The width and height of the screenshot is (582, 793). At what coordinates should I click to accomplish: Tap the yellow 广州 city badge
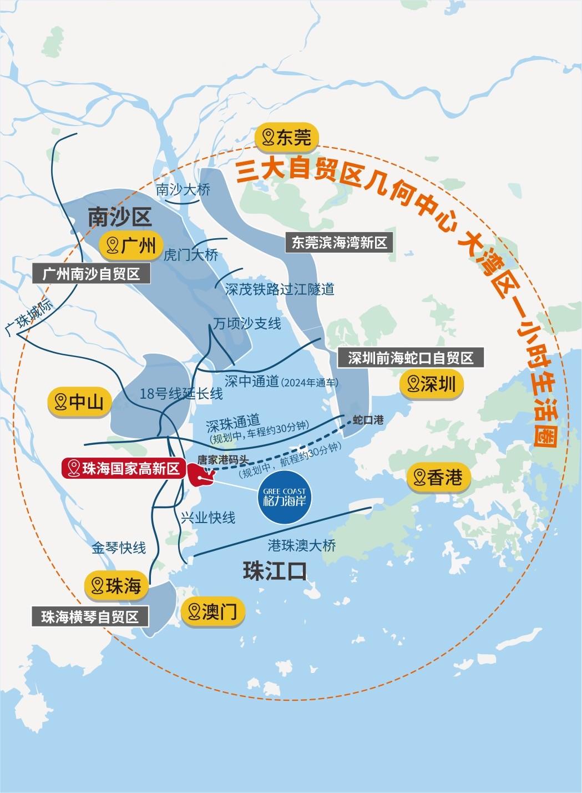pyautogui.click(x=131, y=245)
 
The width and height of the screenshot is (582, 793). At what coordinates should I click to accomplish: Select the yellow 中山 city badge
pyautogui.click(x=79, y=401)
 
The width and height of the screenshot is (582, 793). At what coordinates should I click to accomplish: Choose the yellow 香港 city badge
pyautogui.click(x=438, y=477)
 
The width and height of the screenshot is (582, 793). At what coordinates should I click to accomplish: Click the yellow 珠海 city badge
pyautogui.click(x=117, y=585)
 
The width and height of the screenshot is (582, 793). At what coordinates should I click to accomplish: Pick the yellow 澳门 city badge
pyautogui.click(x=212, y=612)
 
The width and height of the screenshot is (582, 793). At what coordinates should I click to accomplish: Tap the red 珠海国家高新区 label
pyautogui.click(x=124, y=469)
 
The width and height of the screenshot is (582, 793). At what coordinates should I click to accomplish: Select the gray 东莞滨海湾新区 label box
pyautogui.click(x=339, y=243)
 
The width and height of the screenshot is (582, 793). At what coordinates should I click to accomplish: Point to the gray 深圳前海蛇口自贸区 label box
pyautogui.click(x=411, y=358)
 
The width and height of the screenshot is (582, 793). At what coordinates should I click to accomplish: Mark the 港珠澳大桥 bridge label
pyautogui.click(x=302, y=545)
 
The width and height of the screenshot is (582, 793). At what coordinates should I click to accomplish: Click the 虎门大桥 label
pyautogui.click(x=191, y=255)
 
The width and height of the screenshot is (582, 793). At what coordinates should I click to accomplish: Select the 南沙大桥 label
pyautogui.click(x=183, y=189)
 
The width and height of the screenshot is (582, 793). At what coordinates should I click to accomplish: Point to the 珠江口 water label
pyautogui.click(x=275, y=572)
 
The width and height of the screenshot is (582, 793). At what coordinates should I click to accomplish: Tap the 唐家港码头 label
pyautogui.click(x=223, y=460)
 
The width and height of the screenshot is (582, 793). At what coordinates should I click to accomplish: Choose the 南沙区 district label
pyautogui.click(x=119, y=217)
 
